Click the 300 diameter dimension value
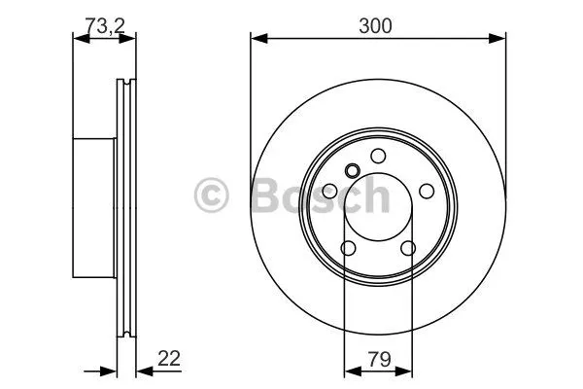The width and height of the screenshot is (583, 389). tap(375, 26)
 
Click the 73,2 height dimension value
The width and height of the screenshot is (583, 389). tap(105, 25)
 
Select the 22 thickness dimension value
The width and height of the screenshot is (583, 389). tap(169, 359)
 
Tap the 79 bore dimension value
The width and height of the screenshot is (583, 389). tap(380, 360)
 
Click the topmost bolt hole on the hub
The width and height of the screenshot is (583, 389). tap(378, 156)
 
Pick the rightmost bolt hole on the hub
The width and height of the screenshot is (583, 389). tap(427, 191)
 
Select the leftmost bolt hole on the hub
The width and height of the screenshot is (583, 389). tap(329, 192)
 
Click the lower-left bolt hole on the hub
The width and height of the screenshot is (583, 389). tap(349, 248)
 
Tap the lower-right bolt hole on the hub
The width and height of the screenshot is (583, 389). tap(408, 248)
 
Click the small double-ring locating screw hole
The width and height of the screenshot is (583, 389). tap(352, 171)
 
